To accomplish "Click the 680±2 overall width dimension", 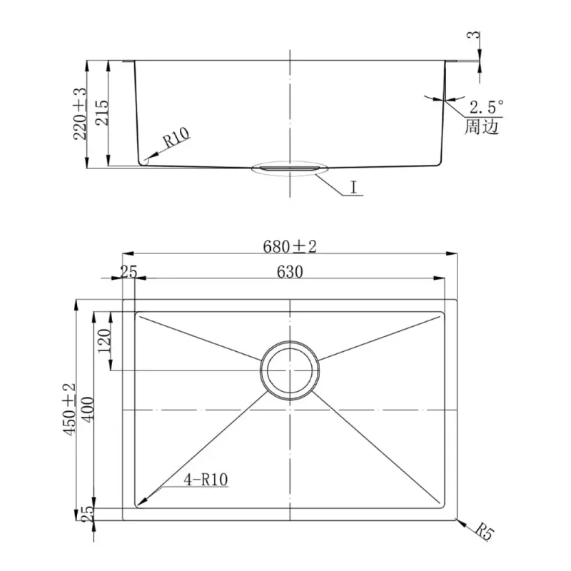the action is pyautogui.click(x=290, y=246).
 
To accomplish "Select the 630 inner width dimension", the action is pyautogui.click(x=290, y=272).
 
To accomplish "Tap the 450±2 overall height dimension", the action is pyautogui.click(x=69, y=409).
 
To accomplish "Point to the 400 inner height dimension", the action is pyautogui.click(x=88, y=409).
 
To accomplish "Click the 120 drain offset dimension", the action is pyautogui.click(x=104, y=340).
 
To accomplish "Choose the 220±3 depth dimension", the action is pyautogui.click(x=80, y=113).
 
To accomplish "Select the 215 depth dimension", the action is pyautogui.click(x=101, y=113).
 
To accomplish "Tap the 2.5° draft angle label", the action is pyautogui.click(x=487, y=107).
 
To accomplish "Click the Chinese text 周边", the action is pyautogui.click(x=481, y=127).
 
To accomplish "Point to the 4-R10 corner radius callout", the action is pyautogui.click(x=206, y=480).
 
